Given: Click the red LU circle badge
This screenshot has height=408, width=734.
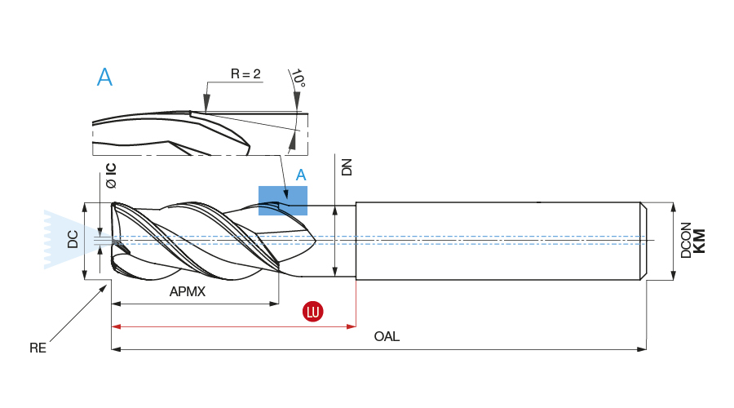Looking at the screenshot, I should (312, 311).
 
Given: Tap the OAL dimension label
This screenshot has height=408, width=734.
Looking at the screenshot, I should (387, 336).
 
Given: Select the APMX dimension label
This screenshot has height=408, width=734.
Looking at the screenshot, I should (187, 291).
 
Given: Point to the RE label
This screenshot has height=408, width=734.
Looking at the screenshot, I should (38, 348).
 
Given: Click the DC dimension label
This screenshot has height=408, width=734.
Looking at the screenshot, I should (73, 239).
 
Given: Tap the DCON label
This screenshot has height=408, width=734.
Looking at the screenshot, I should (686, 241).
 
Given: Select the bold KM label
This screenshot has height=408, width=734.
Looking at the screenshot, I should (699, 241).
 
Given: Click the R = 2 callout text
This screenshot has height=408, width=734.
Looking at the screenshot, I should (245, 74).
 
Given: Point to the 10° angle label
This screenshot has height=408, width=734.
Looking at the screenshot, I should (298, 78).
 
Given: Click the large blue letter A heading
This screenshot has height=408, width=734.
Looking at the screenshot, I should (104, 78).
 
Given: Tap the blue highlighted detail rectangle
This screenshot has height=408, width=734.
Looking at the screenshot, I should (283, 201).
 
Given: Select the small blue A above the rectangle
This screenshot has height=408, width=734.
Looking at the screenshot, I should (301, 175).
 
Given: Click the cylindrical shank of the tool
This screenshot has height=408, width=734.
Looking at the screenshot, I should (497, 241).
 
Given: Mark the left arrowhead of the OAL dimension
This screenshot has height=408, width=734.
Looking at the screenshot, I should (115, 349).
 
